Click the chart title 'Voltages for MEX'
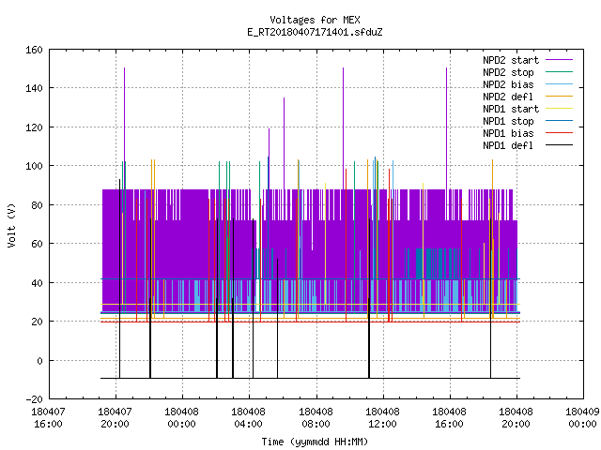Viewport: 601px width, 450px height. point(315,20)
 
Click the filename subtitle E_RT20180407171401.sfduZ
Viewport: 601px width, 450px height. point(315,32)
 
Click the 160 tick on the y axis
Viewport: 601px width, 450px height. point(34,50)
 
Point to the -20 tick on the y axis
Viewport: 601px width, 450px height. point(34,399)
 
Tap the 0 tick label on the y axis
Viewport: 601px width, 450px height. point(39,360)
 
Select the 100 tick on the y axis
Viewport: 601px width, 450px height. point(34,166)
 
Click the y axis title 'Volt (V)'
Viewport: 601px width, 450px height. point(11,225)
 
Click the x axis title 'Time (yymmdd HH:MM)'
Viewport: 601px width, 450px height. point(315,442)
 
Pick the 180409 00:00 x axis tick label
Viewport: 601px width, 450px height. point(582,418)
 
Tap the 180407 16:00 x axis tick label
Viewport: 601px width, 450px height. point(48,418)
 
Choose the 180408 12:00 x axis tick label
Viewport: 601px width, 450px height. point(382,418)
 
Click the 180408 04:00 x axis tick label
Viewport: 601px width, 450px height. point(248,418)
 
